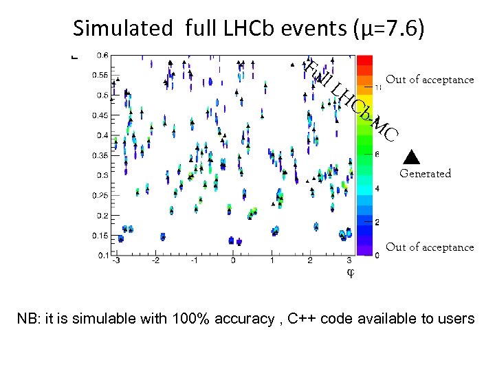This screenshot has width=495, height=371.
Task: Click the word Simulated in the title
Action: pos(122,29)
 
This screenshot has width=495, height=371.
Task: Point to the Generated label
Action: pos(426,174)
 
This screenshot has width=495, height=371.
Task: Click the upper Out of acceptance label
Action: pos(430,80)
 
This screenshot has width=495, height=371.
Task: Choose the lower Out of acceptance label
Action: pos(430,247)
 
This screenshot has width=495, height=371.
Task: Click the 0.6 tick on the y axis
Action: pos(101,55)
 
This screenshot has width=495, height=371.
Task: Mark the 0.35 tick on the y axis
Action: pos(100,155)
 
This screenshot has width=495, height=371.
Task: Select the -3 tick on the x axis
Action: pos(117,261)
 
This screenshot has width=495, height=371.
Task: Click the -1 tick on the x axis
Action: pos(194,261)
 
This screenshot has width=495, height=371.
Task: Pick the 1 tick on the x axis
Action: pos(272,261)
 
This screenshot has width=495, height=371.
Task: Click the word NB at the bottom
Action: pos(28,319)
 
